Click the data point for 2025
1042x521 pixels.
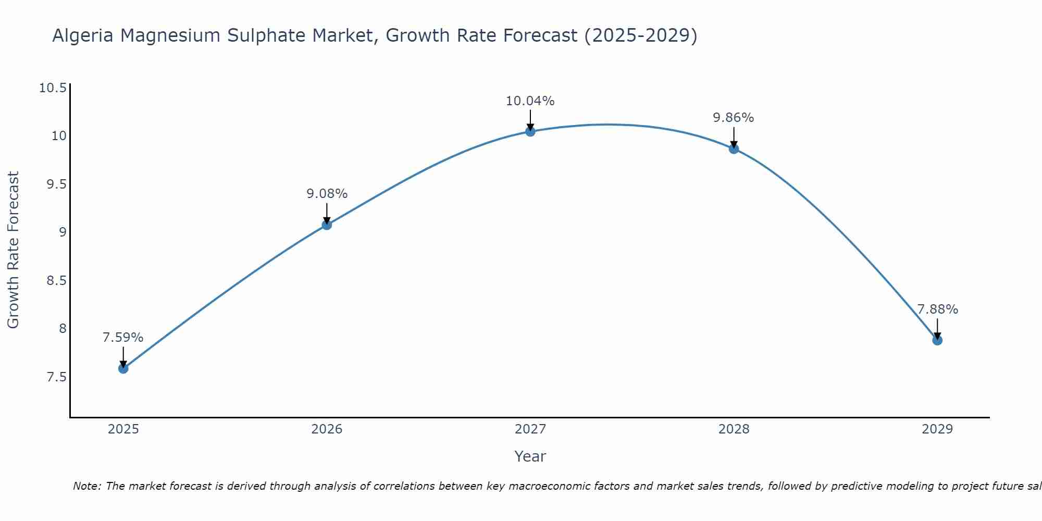123,368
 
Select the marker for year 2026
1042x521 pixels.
327,225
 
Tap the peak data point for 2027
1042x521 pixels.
530,131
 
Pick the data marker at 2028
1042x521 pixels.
734,149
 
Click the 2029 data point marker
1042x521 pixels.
937,340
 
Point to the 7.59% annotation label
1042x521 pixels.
123,338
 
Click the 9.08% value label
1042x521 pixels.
327,194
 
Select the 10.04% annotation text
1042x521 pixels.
530,101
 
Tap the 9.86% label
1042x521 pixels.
734,118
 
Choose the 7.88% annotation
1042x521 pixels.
937,309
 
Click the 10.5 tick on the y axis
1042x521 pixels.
53,88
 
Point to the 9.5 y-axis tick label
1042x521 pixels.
57,184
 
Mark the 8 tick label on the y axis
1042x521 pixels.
63,328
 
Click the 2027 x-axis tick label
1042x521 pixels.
530,429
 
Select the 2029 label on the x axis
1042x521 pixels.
937,429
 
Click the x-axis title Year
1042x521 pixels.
530,456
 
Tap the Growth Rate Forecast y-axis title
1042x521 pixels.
13,250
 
